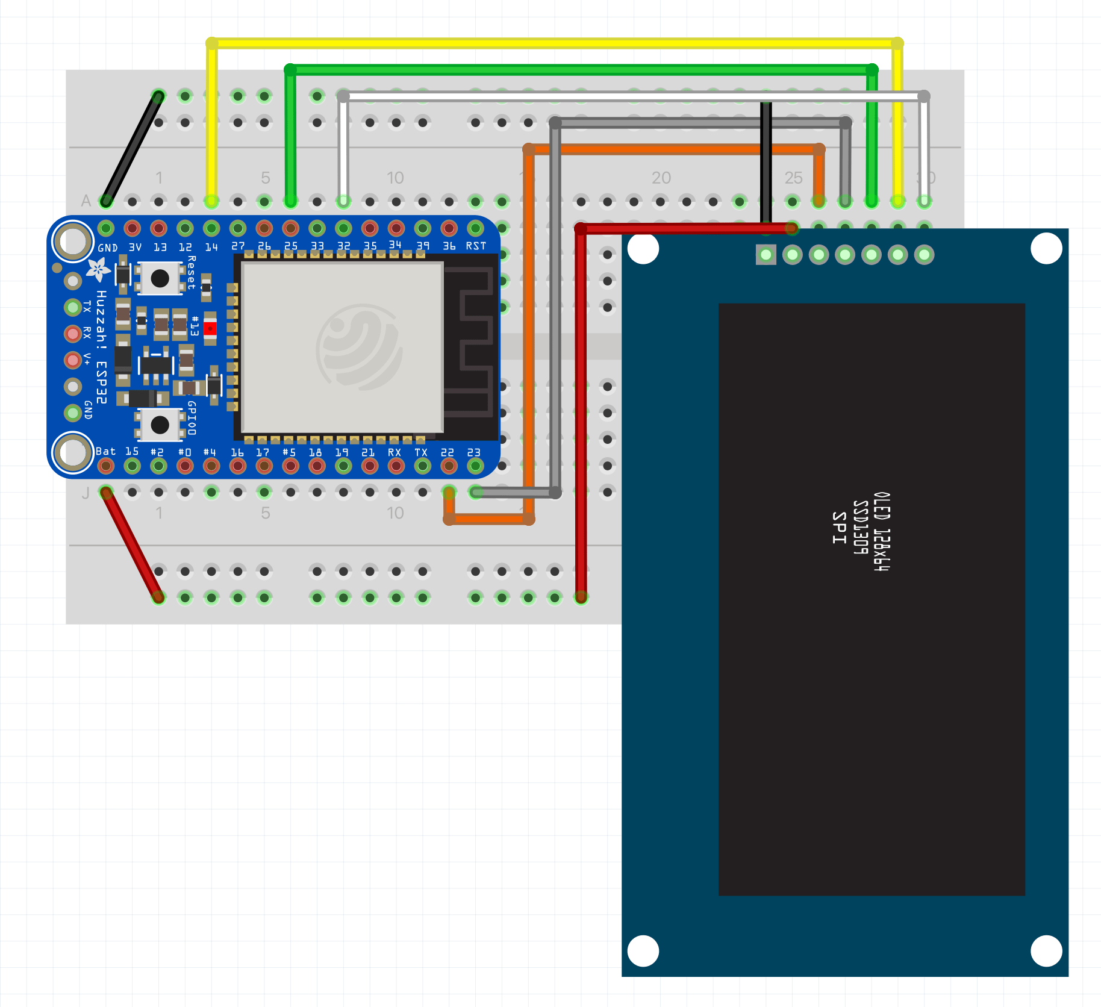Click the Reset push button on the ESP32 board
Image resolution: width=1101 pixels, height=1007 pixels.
point(160,278)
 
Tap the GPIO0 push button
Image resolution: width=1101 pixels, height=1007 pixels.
point(160,425)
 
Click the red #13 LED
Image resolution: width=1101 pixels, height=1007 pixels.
point(210,329)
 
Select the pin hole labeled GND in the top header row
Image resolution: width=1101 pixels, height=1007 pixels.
point(106,228)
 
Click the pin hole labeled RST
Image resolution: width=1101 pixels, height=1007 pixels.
point(475,228)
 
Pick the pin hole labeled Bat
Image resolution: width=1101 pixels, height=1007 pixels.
point(106,466)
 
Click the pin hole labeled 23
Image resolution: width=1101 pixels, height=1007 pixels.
point(475,466)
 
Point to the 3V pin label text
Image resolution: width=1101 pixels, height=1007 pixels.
point(135,247)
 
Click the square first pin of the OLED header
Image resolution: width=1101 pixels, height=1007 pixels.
point(766,255)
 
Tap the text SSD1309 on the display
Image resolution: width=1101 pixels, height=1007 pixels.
point(861,528)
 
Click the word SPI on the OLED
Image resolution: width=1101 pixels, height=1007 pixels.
point(840,528)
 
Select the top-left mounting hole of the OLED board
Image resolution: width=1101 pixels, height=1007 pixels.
point(643,249)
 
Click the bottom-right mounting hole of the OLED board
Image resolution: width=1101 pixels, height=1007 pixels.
point(1046,950)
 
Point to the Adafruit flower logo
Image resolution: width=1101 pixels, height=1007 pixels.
point(98,269)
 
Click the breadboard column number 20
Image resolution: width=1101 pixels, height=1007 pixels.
point(661,178)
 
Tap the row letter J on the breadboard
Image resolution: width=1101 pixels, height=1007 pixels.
point(86,493)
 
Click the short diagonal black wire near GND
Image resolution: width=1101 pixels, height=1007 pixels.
point(131,148)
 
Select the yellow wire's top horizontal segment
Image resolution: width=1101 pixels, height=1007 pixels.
point(554,43)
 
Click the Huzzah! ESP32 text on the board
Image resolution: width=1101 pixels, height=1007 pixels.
point(101,347)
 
